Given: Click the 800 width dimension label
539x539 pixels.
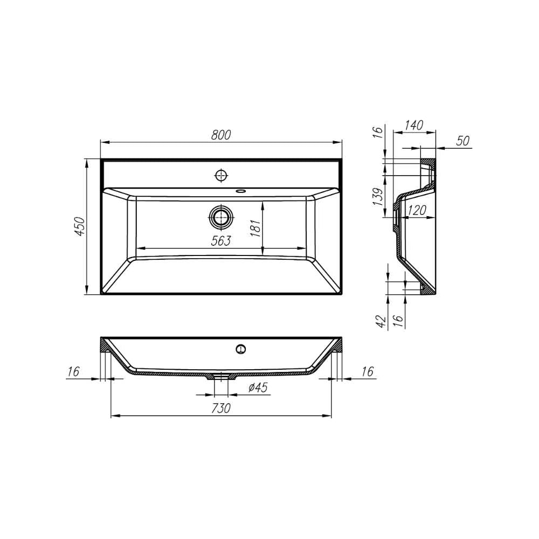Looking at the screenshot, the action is click(221, 135).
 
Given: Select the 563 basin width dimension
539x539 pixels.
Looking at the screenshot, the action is click(221, 241).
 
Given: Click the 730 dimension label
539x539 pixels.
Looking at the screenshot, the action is click(220, 409).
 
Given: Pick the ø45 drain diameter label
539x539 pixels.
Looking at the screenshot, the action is click(258, 388).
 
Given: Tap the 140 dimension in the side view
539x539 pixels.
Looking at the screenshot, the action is click(413, 125).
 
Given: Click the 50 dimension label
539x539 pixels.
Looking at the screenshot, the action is click(463, 141).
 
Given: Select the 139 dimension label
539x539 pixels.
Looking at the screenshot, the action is click(378, 197).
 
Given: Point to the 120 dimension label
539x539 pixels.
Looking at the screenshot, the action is click(417, 210).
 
